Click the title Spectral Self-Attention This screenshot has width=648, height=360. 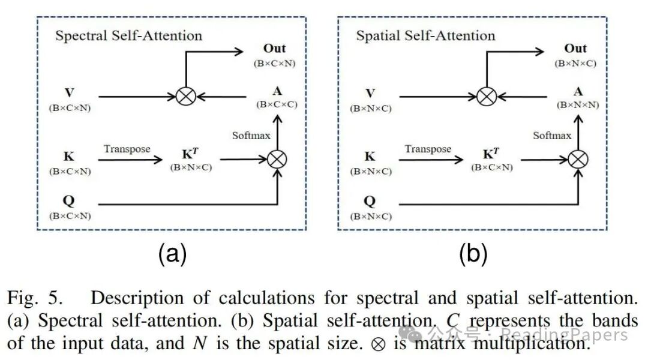click(128, 35)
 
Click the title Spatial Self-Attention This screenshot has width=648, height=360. click(425, 35)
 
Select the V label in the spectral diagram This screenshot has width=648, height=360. click(69, 94)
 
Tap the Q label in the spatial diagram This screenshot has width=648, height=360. click(370, 202)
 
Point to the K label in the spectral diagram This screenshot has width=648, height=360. click(69, 157)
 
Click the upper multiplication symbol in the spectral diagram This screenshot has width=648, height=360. click(185, 95)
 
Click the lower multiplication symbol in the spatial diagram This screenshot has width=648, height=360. click(578, 159)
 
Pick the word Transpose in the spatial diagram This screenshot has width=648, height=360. click(428, 149)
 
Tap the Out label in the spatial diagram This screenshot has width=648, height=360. click(576, 49)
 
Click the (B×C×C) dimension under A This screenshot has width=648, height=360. click(277, 104)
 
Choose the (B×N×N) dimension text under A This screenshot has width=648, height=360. click(577, 104)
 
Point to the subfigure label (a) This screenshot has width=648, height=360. click(172, 255)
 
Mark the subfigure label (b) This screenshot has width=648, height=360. click(473, 255)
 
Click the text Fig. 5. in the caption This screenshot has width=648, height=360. click(36, 298)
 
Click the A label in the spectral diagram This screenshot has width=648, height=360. click(277, 91)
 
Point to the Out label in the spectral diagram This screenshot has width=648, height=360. click(275, 49)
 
